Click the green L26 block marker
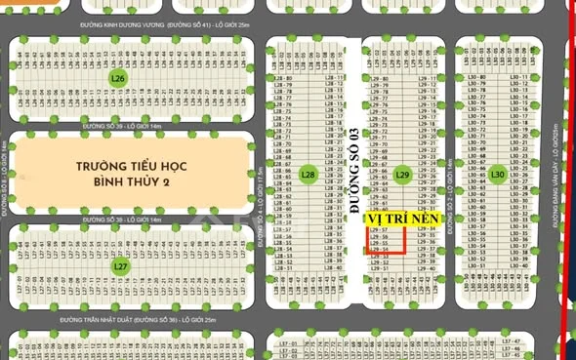coord(118,78)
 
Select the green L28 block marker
coord(309,175)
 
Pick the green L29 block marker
coord(403,175)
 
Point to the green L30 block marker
coord(497,175)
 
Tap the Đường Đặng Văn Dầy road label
coord(554,185)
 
